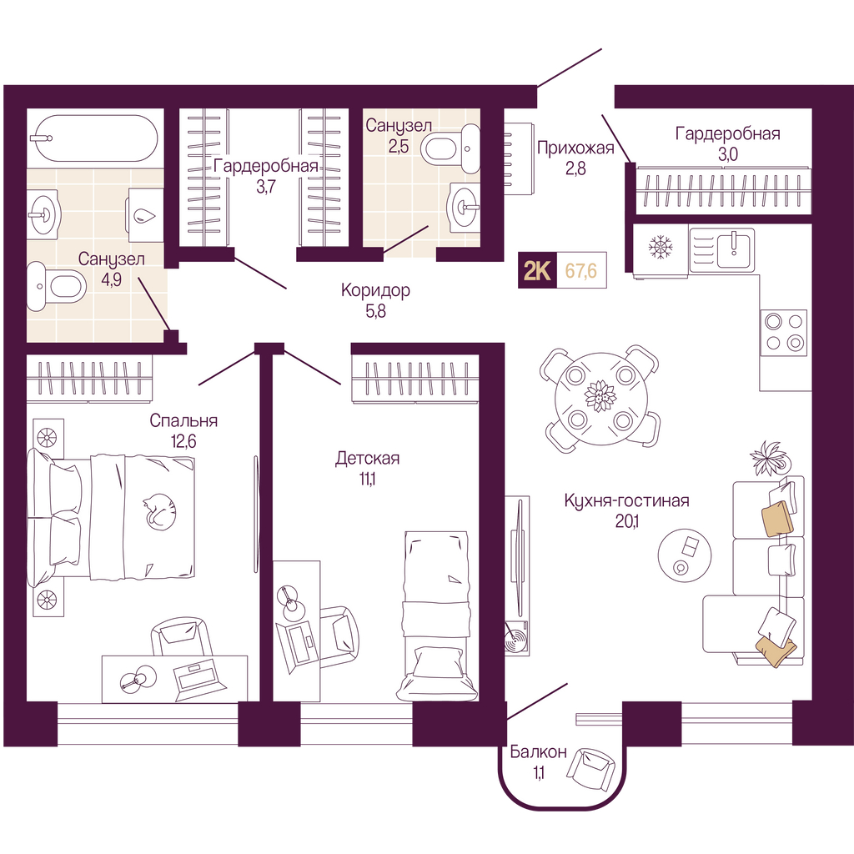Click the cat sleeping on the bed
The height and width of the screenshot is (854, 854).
point(159,511)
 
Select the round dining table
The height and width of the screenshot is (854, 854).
point(599,399)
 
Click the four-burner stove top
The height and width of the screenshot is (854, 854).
point(783,332)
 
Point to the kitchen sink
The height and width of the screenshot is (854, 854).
point(722,250)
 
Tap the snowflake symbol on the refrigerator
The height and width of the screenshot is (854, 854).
point(661,247)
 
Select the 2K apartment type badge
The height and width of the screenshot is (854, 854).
point(536,270)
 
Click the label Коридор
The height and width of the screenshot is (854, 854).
point(375,290)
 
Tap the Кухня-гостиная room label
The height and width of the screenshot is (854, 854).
point(626,500)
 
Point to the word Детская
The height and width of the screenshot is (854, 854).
point(367,458)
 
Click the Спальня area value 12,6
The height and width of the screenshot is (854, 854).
point(183,440)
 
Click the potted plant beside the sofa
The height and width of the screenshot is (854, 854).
point(769,459)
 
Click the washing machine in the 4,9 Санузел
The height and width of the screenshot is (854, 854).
point(145,214)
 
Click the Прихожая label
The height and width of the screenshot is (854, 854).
point(575,148)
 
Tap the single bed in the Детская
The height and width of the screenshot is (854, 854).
point(437,616)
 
